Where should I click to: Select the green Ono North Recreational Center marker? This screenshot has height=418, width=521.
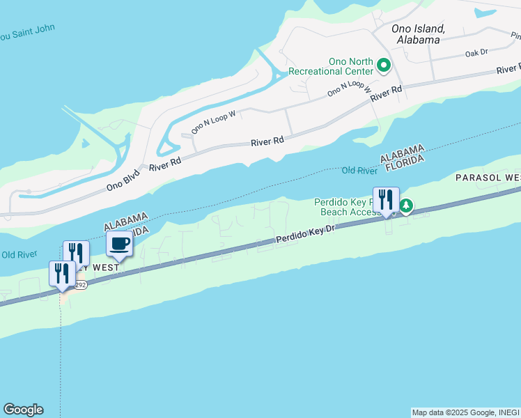(x=383, y=66)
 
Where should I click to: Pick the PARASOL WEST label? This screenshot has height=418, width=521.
(x=488, y=178)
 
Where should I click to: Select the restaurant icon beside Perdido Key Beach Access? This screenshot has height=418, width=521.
(x=386, y=201)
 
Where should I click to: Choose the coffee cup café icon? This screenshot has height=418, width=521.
(x=119, y=244)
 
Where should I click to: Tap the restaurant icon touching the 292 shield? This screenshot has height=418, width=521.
(x=62, y=274)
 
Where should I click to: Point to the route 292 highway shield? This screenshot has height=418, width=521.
(x=80, y=285)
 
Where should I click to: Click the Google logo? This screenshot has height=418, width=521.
(x=23, y=410)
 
